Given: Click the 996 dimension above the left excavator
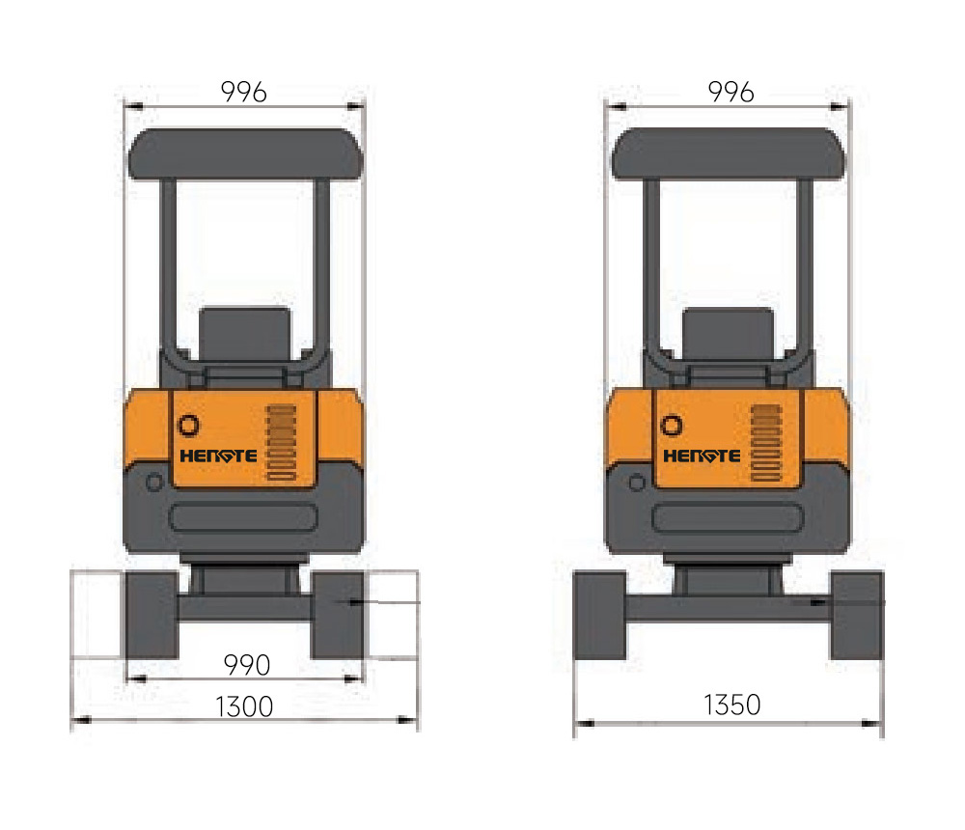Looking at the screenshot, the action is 244,93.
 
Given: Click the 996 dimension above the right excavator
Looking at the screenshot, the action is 731,93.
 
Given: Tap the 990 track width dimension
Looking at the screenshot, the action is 247,665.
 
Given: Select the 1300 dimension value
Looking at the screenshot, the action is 244,706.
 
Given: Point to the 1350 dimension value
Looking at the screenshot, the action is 731,705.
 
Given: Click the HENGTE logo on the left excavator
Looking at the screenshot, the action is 218,456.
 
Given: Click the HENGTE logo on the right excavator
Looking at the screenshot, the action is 702,456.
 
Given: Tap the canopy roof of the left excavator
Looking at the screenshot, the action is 245,153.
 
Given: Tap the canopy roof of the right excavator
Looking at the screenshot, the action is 728,153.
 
